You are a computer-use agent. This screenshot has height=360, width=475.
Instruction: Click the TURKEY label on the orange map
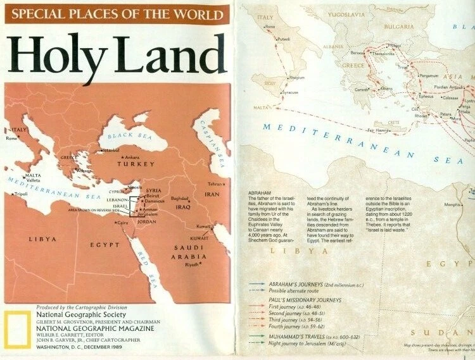[135, 164]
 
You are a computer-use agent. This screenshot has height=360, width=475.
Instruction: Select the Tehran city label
[213, 184]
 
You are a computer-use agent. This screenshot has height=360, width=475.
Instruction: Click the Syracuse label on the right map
[290, 92]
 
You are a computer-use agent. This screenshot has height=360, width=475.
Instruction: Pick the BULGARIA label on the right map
[398, 27]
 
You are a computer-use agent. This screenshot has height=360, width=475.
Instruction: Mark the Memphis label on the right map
[452, 204]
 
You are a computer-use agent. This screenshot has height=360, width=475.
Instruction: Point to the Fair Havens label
[378, 130]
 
